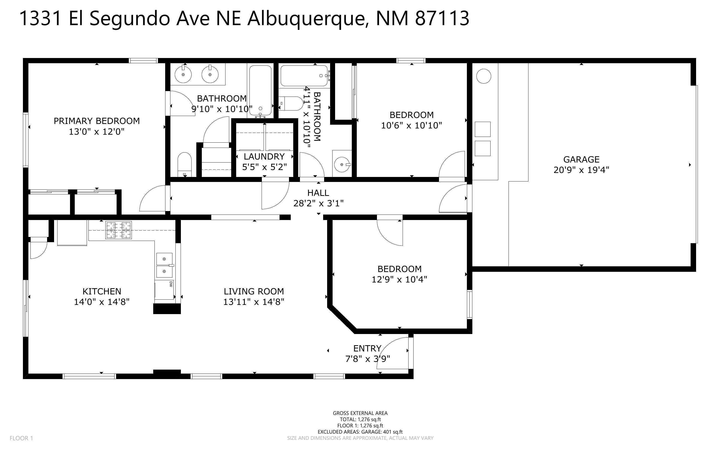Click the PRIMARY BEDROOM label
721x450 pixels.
coord(96,121)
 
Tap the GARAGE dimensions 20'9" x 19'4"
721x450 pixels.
coord(581,170)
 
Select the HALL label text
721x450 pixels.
coord(318,193)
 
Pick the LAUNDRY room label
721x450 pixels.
coord(264,157)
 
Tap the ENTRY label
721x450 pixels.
coord(367,348)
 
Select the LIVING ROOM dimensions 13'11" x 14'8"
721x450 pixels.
coord(254,302)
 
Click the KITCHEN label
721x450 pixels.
coord(102,291)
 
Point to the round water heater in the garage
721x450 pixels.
coord(484,76)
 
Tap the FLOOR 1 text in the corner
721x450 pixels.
coord(21,438)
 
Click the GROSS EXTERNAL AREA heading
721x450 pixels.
coord(360,413)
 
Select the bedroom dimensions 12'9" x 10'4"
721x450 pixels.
coord(399,280)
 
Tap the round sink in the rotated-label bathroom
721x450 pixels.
coord(342,165)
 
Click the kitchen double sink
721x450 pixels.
coord(164,265)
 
